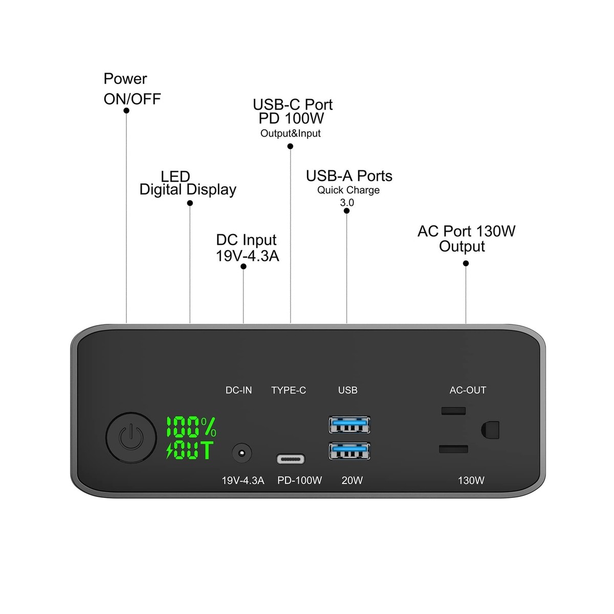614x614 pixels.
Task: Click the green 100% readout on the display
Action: tap(191, 426)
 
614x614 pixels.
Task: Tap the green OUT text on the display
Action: tap(190, 451)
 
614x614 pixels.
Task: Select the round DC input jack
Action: tap(242, 453)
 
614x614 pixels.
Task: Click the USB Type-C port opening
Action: tap(291, 459)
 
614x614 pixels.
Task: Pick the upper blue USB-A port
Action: tap(349, 425)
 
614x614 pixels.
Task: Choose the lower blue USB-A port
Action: tap(349, 451)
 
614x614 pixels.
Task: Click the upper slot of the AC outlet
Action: tap(453, 410)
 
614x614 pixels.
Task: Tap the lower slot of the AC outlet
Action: tap(453, 449)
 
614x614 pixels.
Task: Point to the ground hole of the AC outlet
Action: tap(490, 429)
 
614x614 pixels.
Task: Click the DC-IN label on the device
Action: tap(239, 390)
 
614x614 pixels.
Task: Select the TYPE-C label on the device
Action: tap(289, 390)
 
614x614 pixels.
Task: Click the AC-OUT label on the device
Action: tap(468, 390)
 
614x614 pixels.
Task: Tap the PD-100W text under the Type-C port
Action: tap(299, 480)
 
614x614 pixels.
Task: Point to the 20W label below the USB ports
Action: tap(352, 480)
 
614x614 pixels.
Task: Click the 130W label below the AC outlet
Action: tap(471, 480)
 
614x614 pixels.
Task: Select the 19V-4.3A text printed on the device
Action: tap(243, 480)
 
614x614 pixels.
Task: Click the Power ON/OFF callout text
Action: tap(132, 89)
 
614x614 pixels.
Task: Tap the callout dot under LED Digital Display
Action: tap(190, 203)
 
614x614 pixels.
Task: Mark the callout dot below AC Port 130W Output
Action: tap(466, 264)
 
